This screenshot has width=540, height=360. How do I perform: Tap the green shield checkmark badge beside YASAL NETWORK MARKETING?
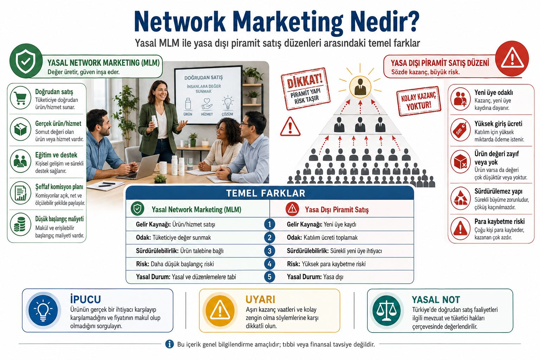point(26,61)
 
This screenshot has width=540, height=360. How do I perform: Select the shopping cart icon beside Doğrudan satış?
point(20,98)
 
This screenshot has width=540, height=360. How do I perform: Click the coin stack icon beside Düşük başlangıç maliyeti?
point(20,224)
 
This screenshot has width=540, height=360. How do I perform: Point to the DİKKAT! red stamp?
point(306,89)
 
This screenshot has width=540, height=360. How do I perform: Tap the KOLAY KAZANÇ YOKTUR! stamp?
point(419,101)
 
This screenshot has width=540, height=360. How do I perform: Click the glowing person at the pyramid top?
point(360,87)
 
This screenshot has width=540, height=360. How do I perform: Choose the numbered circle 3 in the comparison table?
point(269,251)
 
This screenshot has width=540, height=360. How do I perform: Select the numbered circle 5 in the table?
point(269,277)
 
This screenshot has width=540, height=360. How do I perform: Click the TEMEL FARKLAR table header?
point(265,193)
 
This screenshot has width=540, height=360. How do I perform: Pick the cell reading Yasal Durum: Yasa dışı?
point(315,277)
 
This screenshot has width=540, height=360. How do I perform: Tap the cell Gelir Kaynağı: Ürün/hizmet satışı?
point(175,225)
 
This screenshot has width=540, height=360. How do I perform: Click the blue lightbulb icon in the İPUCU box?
point(43,310)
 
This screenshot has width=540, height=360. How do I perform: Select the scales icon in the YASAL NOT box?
point(386,311)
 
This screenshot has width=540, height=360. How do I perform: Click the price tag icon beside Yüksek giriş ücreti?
point(461,130)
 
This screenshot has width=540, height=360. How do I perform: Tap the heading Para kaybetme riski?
point(500,221)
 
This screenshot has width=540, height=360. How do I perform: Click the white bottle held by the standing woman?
point(154,121)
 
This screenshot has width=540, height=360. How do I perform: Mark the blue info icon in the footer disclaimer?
point(169,344)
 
